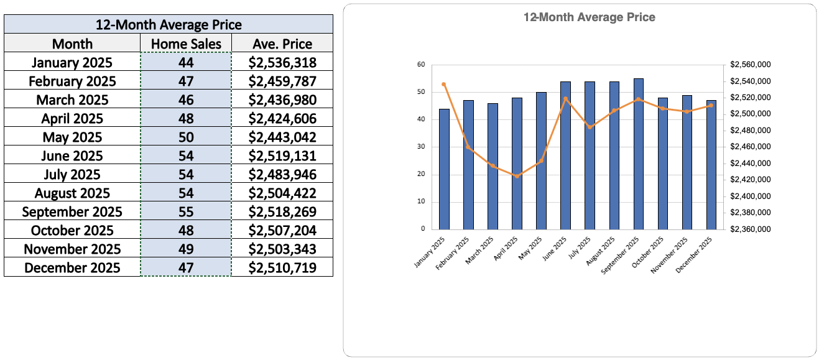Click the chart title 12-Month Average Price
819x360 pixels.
point(589,17)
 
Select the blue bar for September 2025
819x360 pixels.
point(639,154)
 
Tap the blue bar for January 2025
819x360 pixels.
point(444,168)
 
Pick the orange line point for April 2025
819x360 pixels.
point(517,176)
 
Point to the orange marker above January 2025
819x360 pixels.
point(444,84)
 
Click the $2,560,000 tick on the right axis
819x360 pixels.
point(751,65)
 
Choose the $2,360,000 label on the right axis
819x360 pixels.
point(751,229)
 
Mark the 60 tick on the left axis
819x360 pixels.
point(421,65)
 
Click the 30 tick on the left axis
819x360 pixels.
point(421,147)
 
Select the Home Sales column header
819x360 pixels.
point(186,44)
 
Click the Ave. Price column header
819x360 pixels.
point(282,44)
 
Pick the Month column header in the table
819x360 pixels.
point(72,44)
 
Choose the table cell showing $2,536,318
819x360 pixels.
point(282,62)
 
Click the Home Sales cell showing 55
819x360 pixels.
point(186,211)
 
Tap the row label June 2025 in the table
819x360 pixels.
point(72,155)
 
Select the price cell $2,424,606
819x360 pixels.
point(282,118)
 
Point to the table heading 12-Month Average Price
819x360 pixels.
point(168,25)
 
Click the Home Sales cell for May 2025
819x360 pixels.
point(186,137)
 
